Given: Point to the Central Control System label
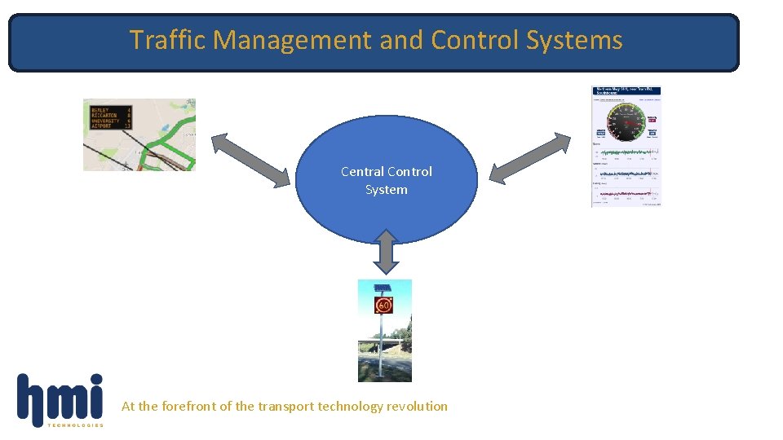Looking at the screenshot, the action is click(386, 180).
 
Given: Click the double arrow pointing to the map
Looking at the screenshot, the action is click(250, 159).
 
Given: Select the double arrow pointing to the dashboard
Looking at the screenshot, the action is click(530, 156).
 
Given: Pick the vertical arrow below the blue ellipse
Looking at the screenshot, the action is click(387, 251).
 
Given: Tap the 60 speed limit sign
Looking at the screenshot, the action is click(383, 306).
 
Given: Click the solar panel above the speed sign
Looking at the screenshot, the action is click(382, 288).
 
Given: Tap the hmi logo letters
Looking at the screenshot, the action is click(60, 398).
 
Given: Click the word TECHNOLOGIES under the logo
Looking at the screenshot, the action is click(76, 425).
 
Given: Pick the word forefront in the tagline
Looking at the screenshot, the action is click(188, 406).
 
